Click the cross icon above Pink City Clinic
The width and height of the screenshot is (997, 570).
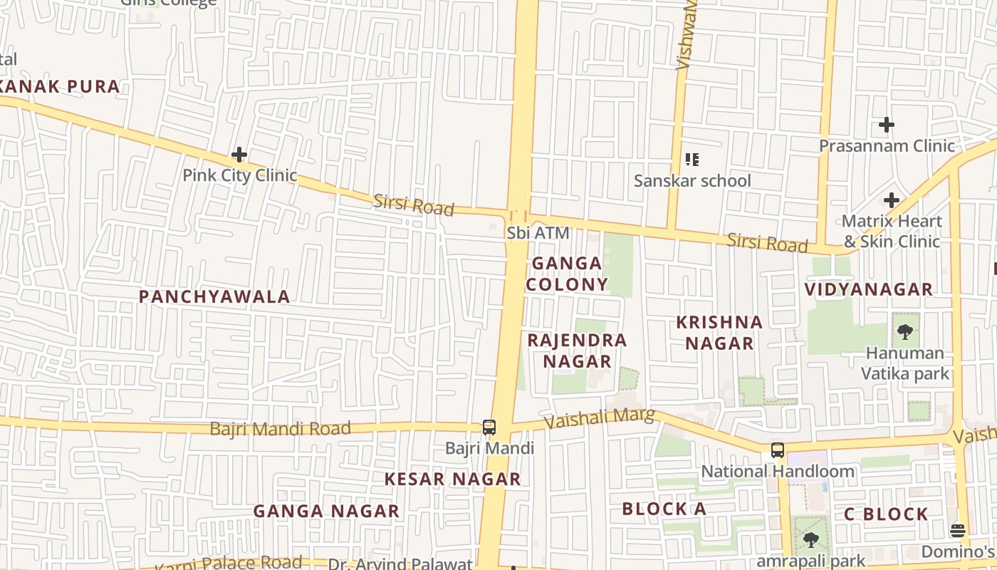click(x=239, y=154)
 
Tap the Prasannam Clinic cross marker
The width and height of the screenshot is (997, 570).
click(x=886, y=125)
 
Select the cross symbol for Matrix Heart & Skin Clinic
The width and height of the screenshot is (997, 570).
click(x=891, y=200)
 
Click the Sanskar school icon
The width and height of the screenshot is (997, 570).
click(x=691, y=160)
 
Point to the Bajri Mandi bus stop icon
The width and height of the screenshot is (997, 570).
click(x=489, y=427)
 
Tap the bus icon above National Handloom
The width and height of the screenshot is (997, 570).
click(x=778, y=450)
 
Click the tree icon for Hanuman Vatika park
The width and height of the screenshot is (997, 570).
click(x=905, y=331)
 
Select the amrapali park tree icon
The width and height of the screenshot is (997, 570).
click(x=810, y=540)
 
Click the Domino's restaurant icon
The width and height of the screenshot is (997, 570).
click(x=958, y=530)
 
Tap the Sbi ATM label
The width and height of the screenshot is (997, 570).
click(x=538, y=233)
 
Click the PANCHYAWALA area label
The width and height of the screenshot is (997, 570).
click(x=214, y=296)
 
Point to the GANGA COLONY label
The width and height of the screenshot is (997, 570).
click(x=567, y=274)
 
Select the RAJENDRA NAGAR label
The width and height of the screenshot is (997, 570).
click(x=577, y=351)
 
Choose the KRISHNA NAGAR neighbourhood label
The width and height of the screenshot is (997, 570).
click(x=719, y=333)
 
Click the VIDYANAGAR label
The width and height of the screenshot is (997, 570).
click(x=868, y=289)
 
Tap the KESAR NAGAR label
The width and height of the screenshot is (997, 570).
click(x=453, y=480)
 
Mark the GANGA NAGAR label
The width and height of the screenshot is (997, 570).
click(x=326, y=512)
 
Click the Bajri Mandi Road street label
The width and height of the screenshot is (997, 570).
click(x=280, y=429)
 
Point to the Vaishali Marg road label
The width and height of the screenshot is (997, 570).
click(x=599, y=418)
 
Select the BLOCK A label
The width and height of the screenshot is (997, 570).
click(x=664, y=509)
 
